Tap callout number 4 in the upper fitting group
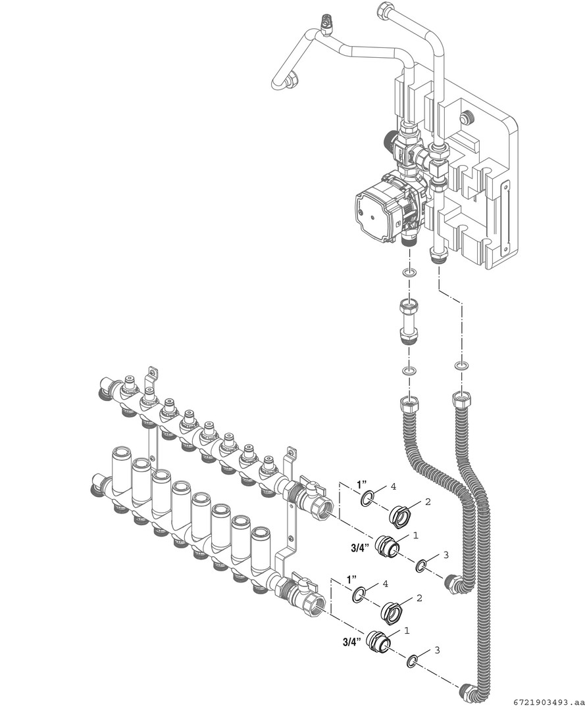point(393,487)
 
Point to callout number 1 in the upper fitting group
point(415,534)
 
